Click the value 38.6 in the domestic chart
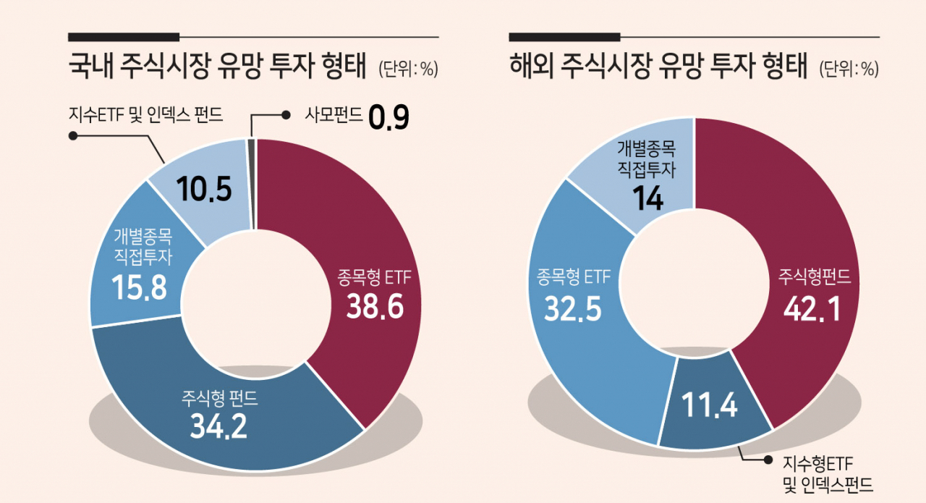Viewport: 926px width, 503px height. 375,307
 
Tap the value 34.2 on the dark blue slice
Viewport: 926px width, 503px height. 218,426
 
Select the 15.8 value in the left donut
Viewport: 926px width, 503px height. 139,287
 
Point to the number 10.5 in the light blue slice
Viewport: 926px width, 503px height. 204,189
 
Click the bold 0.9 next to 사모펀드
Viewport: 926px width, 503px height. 388,117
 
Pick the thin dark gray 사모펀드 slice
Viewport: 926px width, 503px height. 252,184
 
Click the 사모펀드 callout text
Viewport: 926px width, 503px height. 334,114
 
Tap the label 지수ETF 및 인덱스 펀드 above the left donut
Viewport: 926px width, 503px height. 146,114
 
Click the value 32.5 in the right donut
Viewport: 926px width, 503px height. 572,308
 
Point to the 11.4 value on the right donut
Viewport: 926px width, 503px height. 709,404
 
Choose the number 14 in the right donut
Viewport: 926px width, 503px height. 647,198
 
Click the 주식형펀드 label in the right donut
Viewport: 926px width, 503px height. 815,276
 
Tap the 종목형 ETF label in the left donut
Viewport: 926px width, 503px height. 375,276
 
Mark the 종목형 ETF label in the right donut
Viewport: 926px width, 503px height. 574,276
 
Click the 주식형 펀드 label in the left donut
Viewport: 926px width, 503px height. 219,398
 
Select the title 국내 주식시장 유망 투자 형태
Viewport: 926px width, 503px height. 218,66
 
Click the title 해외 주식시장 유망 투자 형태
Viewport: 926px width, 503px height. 658,66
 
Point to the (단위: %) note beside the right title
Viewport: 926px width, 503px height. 849,69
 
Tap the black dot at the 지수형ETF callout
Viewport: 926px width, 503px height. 768,460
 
